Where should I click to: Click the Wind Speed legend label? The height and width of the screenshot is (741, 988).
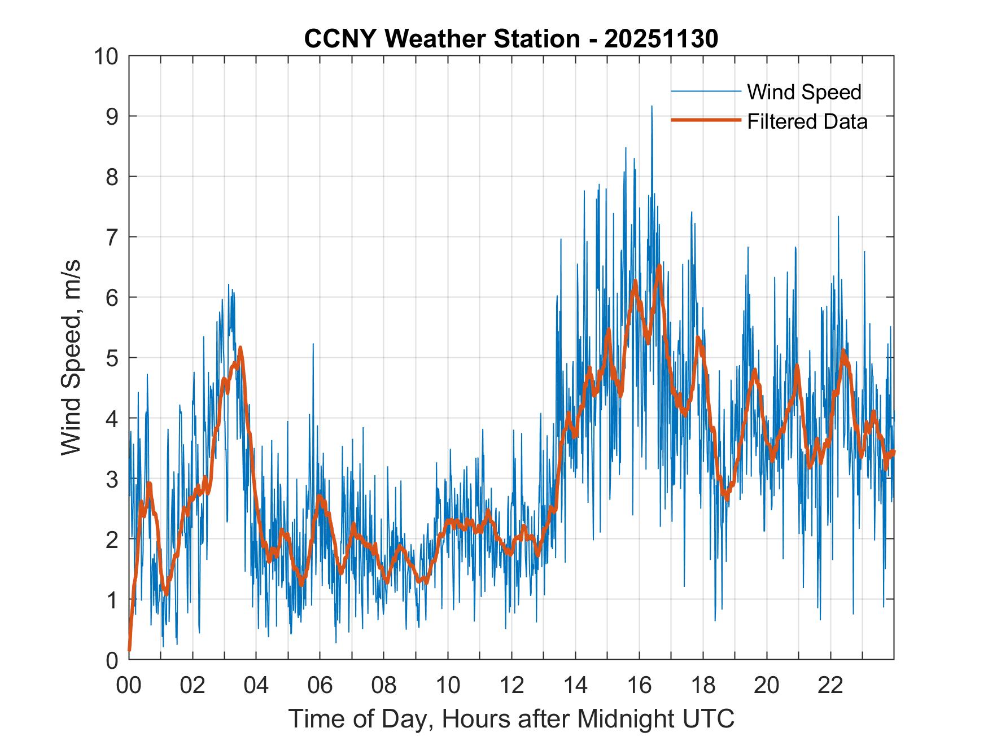tap(804, 92)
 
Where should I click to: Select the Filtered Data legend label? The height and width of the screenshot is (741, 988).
tap(807, 121)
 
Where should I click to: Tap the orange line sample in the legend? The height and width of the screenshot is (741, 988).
tap(706, 120)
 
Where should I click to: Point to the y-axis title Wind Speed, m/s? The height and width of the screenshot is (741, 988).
tap(72, 357)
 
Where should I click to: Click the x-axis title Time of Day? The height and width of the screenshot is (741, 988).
tap(511, 718)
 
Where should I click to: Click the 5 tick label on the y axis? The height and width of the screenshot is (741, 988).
tap(111, 358)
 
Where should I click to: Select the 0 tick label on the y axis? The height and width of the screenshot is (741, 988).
tap(111, 660)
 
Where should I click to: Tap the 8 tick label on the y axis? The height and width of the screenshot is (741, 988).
tap(111, 177)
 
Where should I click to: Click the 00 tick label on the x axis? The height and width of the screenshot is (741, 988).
tap(129, 685)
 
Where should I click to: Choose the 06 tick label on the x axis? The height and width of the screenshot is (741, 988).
tap(320, 685)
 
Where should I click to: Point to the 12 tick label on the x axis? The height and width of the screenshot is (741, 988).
tap(512, 685)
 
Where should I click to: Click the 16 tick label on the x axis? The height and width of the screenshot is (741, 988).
tap(639, 685)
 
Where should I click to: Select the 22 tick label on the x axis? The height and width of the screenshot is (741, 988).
tap(830, 685)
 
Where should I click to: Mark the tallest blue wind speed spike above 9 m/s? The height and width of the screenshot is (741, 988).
tap(652, 106)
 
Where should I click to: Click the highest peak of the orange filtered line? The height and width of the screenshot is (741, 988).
tap(659, 266)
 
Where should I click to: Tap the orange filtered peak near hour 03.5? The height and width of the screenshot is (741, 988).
tap(240, 348)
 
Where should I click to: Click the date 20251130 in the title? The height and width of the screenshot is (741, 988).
tap(661, 39)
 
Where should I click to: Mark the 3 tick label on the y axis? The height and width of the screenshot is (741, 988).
tap(111, 479)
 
